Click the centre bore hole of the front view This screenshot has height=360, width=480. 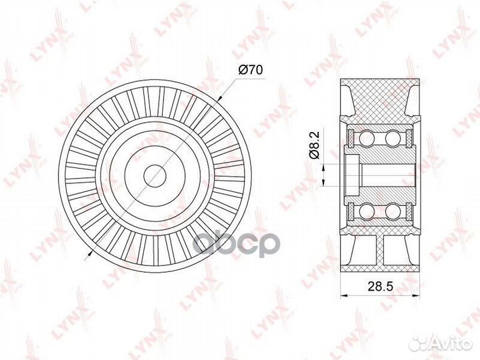point(154,175)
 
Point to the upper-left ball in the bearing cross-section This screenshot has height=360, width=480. point(366,139)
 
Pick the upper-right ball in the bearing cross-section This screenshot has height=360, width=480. point(393,139)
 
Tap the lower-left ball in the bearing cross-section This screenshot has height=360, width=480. point(366,212)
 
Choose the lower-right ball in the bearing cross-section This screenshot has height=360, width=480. point(393,212)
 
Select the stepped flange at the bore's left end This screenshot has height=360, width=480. point(352,175)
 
